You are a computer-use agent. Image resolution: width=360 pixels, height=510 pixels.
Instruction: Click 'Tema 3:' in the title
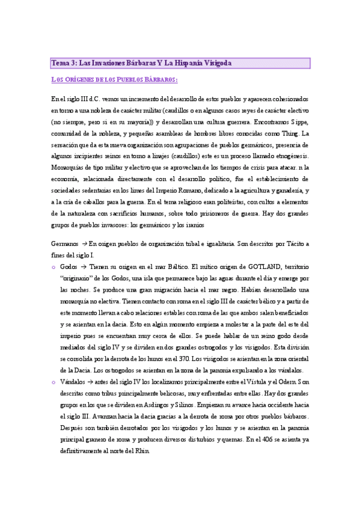(63, 63)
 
